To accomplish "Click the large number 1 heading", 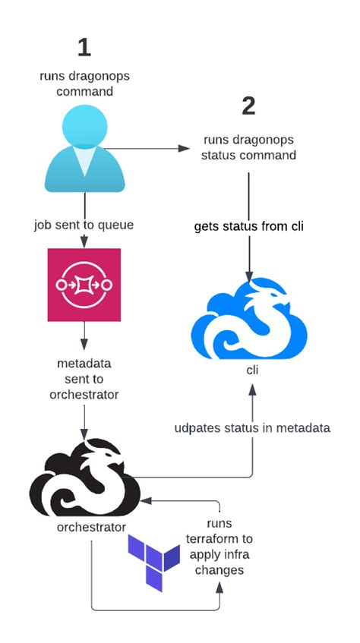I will [x=84, y=47].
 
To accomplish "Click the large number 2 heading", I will [x=248, y=106].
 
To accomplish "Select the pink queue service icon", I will [x=84, y=285].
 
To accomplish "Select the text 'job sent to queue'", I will [x=84, y=225].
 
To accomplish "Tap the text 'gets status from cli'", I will [x=248, y=226].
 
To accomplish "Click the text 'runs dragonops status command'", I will [x=249, y=147].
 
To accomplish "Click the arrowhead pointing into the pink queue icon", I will [x=84, y=242].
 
